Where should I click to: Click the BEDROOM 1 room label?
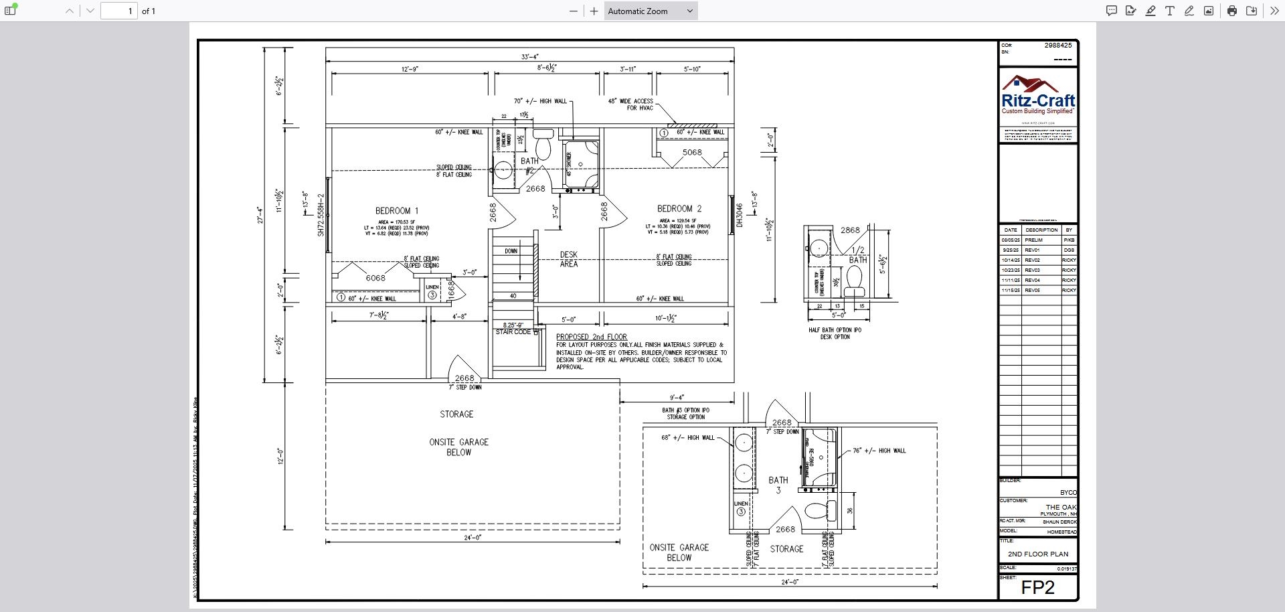(x=396, y=211)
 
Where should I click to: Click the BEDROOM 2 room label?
(x=679, y=209)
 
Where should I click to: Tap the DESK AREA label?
(x=568, y=259)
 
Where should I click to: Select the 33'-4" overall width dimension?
(x=529, y=57)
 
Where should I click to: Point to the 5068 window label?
(x=692, y=153)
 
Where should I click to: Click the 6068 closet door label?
(x=375, y=278)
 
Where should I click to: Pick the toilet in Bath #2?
(x=543, y=144)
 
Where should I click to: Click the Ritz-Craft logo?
(x=1038, y=96)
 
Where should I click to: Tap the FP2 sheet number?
(x=1037, y=588)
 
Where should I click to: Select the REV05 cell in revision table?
(x=1032, y=291)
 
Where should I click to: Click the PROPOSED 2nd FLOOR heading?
(x=591, y=337)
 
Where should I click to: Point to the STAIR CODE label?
(x=513, y=332)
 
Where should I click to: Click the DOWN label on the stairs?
(x=511, y=251)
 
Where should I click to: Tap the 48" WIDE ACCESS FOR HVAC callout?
(x=630, y=104)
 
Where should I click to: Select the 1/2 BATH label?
(x=858, y=255)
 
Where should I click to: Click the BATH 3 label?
(x=778, y=485)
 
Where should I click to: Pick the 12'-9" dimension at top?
(x=410, y=69)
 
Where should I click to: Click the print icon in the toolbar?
(x=1231, y=11)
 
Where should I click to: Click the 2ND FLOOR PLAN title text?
(x=1037, y=554)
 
